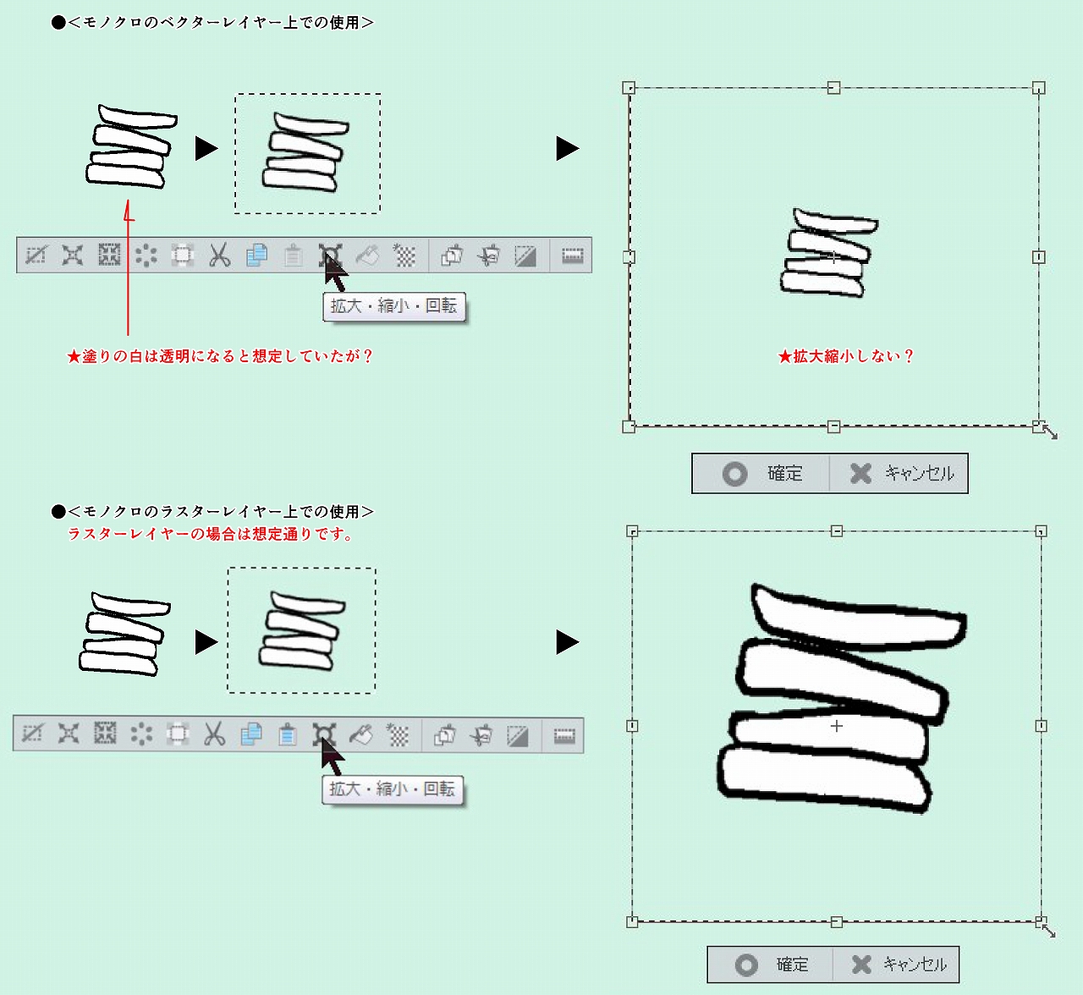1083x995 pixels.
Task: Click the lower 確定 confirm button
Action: (x=771, y=965)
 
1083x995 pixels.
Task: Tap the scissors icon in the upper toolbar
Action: (x=219, y=256)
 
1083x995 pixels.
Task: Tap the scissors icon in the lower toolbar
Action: (x=214, y=734)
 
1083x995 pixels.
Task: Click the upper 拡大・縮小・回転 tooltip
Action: (x=394, y=306)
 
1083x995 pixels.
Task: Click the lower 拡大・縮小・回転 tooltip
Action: (x=393, y=789)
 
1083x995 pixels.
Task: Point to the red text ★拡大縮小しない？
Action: (x=845, y=356)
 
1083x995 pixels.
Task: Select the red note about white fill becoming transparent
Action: (x=220, y=356)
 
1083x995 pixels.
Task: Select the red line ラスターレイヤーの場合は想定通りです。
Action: (x=210, y=534)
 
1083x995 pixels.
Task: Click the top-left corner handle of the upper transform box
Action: (x=629, y=87)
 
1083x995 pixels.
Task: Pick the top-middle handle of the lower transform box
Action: (x=836, y=531)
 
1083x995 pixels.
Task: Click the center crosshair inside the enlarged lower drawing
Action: (x=836, y=726)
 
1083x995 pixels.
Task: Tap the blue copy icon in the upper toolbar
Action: (x=256, y=256)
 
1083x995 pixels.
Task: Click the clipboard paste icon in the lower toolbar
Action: (x=287, y=734)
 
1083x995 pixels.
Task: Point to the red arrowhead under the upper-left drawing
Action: (x=129, y=210)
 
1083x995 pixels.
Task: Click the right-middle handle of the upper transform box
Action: (x=1039, y=257)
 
